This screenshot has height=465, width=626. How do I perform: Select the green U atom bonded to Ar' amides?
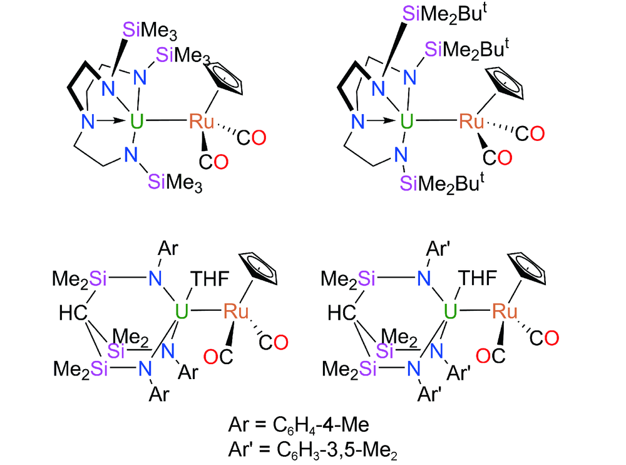[448, 310]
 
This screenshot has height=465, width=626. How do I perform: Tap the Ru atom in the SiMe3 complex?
[202, 120]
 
